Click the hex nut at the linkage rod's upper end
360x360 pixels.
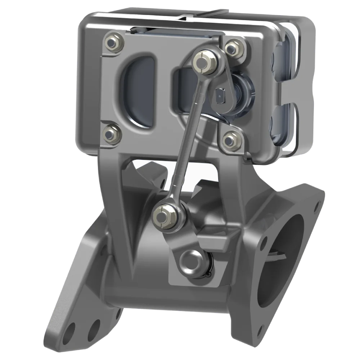(x=204, y=64)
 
